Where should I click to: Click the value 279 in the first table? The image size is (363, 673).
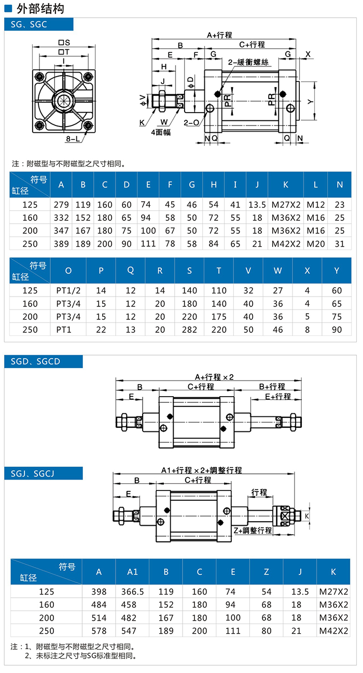[x=61, y=205]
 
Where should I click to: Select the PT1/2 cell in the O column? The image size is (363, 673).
[x=68, y=290]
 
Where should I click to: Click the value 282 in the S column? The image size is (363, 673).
[x=189, y=329]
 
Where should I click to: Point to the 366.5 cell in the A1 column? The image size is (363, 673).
[x=132, y=591]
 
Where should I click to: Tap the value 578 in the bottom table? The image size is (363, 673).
[x=99, y=630]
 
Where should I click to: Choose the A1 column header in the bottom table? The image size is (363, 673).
[x=132, y=571]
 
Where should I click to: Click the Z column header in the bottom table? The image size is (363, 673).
[x=267, y=571]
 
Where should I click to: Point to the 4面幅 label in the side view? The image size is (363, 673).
[x=161, y=132]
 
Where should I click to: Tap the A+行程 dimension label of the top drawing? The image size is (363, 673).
[x=219, y=35]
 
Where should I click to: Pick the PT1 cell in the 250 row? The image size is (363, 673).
[x=68, y=329]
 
